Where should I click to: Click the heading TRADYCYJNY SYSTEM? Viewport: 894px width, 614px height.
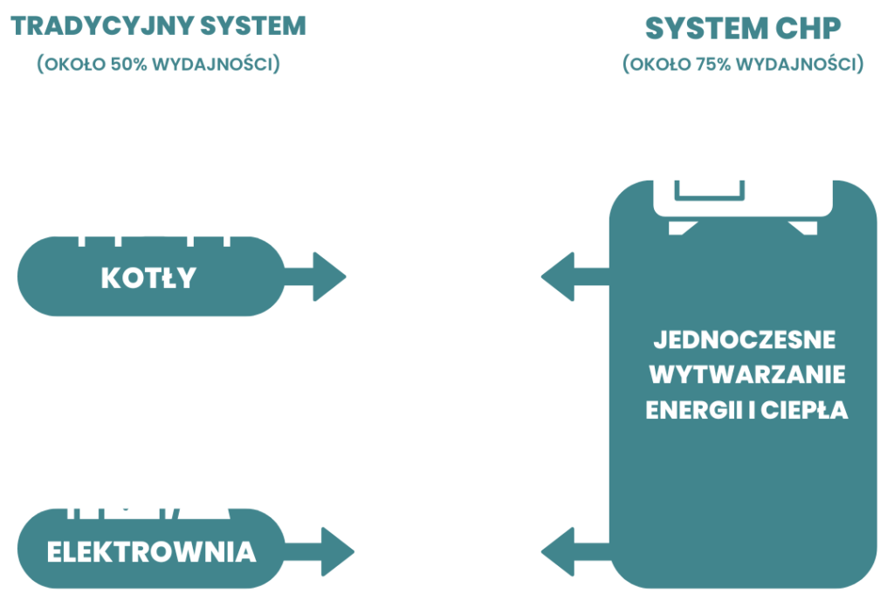pos(158,26)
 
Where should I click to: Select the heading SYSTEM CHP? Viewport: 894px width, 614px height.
pos(743,29)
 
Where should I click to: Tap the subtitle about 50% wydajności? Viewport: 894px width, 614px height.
pos(158,65)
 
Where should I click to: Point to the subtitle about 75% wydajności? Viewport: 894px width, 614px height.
pos(743,65)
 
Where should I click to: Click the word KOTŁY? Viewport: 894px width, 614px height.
pos(148,278)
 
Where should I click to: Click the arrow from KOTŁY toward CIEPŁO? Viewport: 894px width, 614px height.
pos(319,278)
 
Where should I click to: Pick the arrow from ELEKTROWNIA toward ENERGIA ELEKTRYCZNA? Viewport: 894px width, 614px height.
pos(323,551)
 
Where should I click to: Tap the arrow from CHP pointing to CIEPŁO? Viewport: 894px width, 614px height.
pos(572,278)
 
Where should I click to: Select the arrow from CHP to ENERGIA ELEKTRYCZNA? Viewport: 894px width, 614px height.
pos(572,551)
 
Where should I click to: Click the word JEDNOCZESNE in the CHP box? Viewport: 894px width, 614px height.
pos(745,338)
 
